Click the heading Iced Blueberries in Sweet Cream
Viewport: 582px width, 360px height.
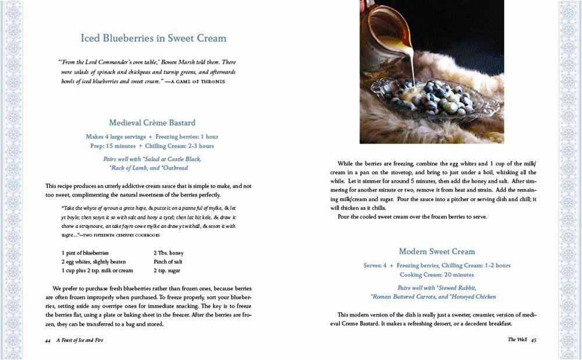pyautogui.click(x=153, y=38)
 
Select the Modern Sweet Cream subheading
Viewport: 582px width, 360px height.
pyautogui.click(x=436, y=251)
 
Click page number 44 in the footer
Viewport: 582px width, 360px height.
pyautogui.click(x=48, y=340)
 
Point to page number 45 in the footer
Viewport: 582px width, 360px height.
pyautogui.click(x=533, y=339)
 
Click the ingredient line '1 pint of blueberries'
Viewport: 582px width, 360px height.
pyautogui.click(x=85, y=253)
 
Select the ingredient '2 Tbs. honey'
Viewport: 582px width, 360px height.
pyautogui.click(x=169, y=253)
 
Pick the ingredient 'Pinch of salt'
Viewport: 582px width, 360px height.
pyautogui.click(x=169, y=262)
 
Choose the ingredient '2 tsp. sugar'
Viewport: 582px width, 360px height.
pyautogui.click(x=167, y=270)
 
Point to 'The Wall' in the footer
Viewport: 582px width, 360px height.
pyautogui.click(x=517, y=339)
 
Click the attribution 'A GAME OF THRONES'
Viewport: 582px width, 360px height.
pyautogui.click(x=197, y=81)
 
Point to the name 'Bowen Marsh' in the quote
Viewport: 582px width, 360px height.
pyautogui.click(x=169, y=62)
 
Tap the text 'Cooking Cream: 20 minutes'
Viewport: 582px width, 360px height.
pyautogui.click(x=436, y=275)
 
